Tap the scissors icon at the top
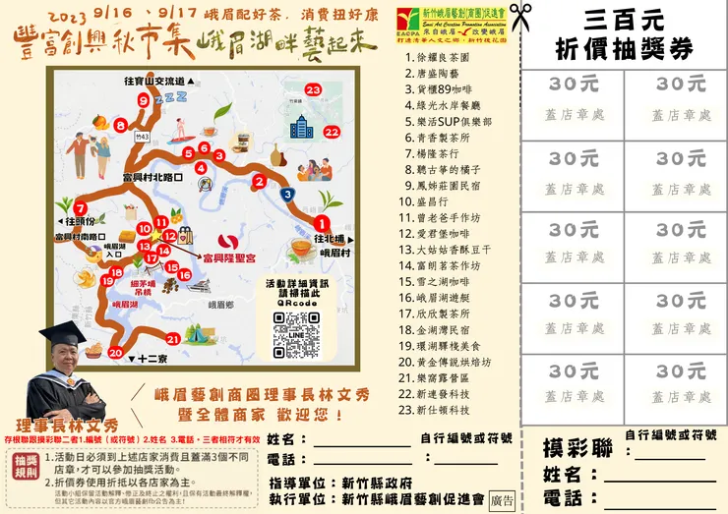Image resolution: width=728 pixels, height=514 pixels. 520,17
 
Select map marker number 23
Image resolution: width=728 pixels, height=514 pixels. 314,89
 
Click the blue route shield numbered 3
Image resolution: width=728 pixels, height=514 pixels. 287,195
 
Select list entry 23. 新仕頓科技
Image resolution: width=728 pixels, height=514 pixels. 443,409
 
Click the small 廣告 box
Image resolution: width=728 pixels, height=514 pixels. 502,499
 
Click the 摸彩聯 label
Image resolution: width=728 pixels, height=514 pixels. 577,449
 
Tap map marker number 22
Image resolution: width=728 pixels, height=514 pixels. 332,131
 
